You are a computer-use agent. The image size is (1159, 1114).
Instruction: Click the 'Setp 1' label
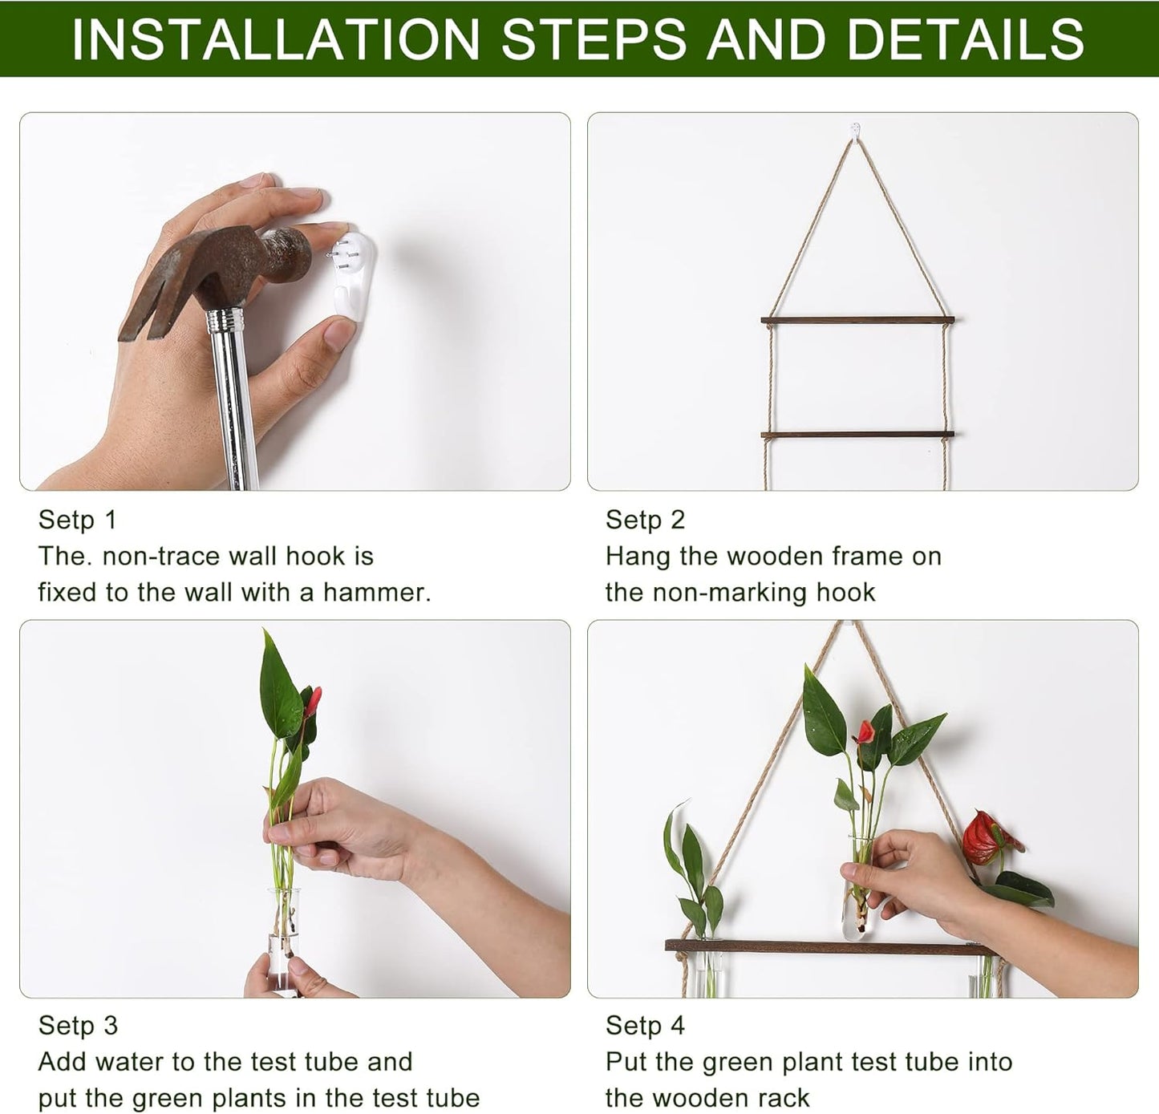[77, 520]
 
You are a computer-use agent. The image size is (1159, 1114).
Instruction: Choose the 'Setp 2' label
[645, 520]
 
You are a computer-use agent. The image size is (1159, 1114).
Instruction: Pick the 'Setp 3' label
[78, 1025]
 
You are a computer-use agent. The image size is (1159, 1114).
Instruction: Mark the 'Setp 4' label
[645, 1025]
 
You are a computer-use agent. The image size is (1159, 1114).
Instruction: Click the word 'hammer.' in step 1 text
[377, 593]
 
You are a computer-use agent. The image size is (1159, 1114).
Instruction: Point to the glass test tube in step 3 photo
[282, 942]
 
